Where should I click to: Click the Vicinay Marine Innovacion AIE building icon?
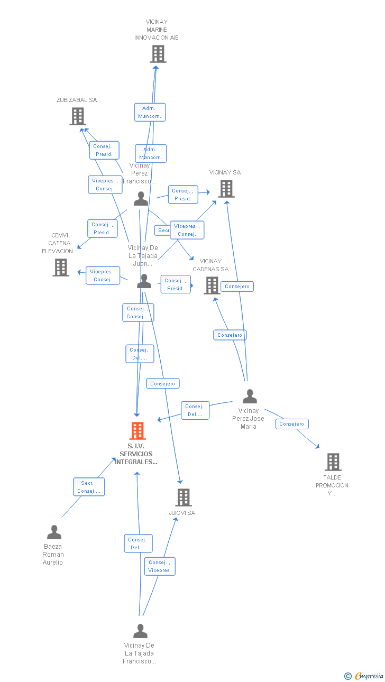click(x=158, y=54)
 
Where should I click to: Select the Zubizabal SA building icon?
click(x=78, y=116)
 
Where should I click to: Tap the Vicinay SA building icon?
click(x=226, y=189)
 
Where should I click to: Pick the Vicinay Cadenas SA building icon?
click(x=212, y=285)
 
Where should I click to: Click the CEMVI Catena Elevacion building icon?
click(x=61, y=268)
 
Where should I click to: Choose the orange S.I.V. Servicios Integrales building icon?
click(x=137, y=431)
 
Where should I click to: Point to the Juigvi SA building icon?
click(x=183, y=497)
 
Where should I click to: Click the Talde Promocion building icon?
click(x=333, y=462)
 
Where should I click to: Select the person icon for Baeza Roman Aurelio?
click(x=54, y=532)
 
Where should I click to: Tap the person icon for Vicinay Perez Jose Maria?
click(x=250, y=397)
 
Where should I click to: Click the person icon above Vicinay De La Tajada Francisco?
click(x=140, y=631)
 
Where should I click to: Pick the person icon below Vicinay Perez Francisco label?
click(x=141, y=199)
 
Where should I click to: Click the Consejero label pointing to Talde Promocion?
click(x=291, y=424)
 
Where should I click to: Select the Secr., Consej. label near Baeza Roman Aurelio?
click(x=89, y=487)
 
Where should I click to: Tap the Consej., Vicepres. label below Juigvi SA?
click(x=160, y=566)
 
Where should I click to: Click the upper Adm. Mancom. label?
click(x=150, y=112)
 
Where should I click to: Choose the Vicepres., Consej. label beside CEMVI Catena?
click(x=103, y=275)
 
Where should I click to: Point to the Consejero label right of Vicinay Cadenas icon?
click(x=237, y=287)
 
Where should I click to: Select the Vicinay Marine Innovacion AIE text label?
click(x=157, y=30)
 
